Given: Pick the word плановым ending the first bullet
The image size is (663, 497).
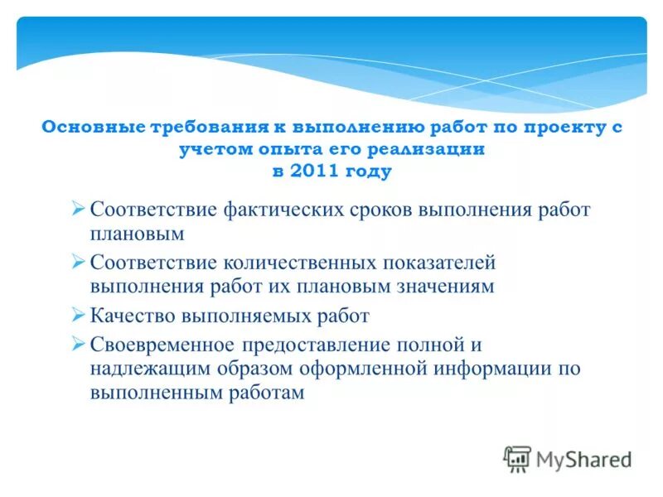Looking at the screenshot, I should pos(136,234).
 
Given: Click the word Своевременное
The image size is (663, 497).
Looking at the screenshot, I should pos(162,344).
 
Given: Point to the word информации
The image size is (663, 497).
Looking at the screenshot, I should pos(489,369).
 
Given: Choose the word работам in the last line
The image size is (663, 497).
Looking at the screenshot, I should pos(264,393).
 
